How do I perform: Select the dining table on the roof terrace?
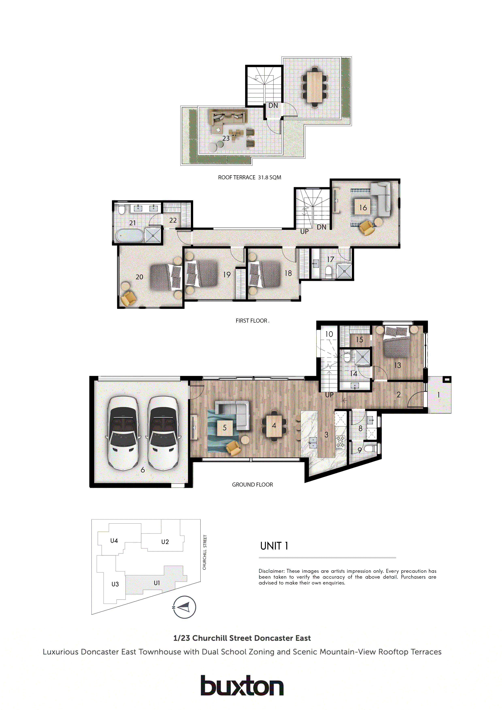(x=315, y=87)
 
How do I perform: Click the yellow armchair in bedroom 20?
(x=128, y=299)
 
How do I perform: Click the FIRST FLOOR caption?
(x=251, y=321)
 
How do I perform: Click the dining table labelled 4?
(x=274, y=426)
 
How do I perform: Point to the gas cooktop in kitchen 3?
(x=340, y=442)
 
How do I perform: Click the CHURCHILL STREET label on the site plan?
(x=204, y=552)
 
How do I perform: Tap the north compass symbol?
(x=185, y=607)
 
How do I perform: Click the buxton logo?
(x=242, y=686)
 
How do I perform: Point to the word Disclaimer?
(x=271, y=571)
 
